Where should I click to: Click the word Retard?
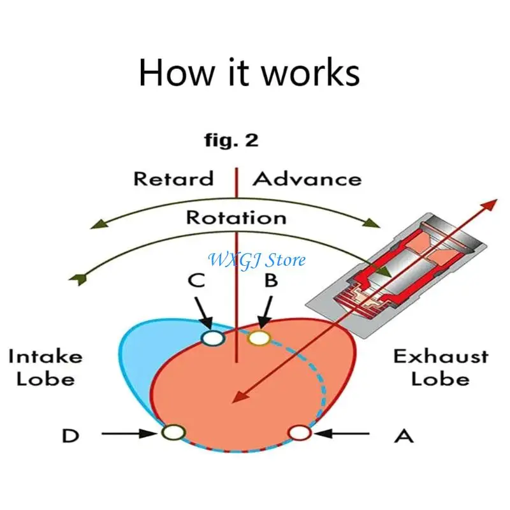click(173, 179)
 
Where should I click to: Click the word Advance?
click(307, 179)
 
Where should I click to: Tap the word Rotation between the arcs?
click(236, 217)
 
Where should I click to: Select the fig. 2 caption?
click(231, 140)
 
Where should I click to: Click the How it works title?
click(249, 73)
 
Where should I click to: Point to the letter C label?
click(196, 280)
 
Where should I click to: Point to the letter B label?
click(272, 280)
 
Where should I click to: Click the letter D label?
click(71, 436)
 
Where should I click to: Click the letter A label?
click(404, 436)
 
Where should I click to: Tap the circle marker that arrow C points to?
click(213, 338)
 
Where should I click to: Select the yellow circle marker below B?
click(259, 338)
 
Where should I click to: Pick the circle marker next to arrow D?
click(173, 433)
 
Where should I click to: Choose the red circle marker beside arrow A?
click(300, 433)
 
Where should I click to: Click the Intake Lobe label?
click(45, 368)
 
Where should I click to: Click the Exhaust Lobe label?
click(441, 368)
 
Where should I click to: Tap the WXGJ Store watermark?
click(257, 260)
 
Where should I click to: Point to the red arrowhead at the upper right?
click(490, 205)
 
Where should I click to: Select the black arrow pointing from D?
click(129, 433)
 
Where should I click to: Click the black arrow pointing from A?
click(342, 433)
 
